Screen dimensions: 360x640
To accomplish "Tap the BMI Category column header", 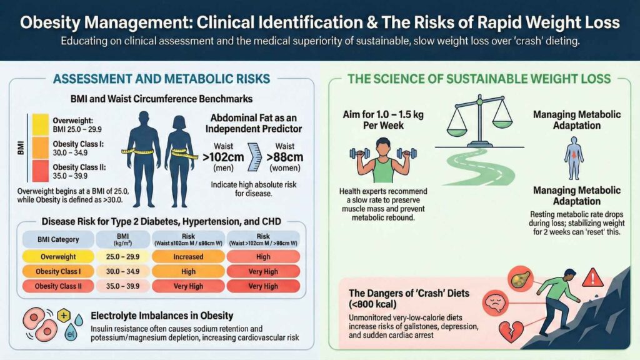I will (58, 238).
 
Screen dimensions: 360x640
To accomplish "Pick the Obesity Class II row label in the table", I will (58, 286).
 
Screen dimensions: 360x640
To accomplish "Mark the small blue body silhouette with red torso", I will (573, 157).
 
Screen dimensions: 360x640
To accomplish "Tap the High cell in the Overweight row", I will (262, 256).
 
